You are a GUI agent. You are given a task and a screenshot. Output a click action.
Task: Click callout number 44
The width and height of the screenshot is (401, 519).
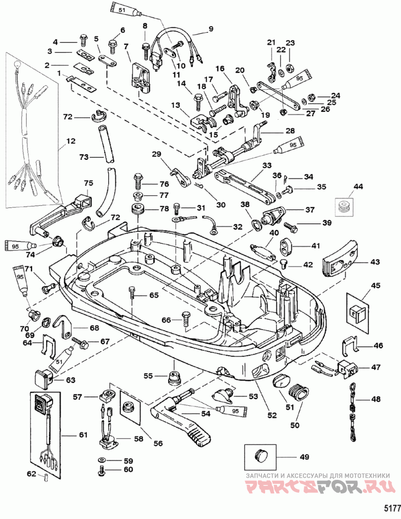click(358, 187)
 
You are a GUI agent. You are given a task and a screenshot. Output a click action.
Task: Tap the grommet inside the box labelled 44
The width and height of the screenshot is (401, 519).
click(343, 207)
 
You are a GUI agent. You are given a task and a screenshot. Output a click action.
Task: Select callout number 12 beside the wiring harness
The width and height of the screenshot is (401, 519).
click(70, 141)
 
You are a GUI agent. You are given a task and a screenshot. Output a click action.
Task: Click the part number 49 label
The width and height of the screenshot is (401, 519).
click(304, 457)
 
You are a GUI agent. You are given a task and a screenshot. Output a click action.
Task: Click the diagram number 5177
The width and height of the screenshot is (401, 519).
click(392, 508)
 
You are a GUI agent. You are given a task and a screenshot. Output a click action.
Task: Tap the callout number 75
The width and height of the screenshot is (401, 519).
click(88, 183)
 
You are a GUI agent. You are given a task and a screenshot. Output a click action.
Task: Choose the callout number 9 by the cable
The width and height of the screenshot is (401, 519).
click(211, 28)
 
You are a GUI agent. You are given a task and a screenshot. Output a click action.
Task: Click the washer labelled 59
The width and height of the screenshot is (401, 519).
click(102, 460)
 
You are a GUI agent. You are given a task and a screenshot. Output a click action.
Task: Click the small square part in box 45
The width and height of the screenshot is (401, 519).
click(356, 312)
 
